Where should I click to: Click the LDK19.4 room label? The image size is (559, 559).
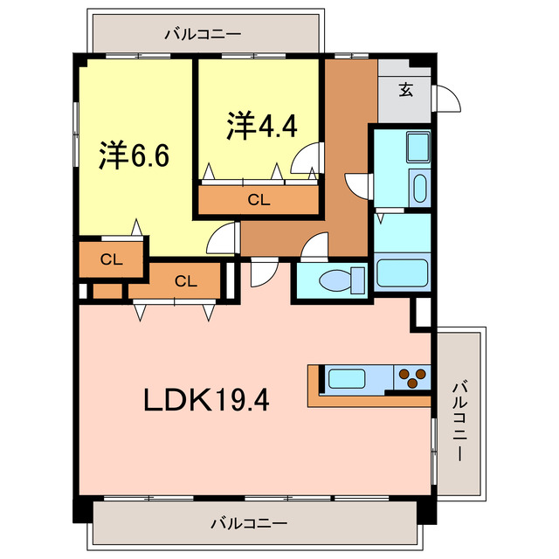(x=206, y=401)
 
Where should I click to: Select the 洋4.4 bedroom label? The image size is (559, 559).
(x=262, y=127)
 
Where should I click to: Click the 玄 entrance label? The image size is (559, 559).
(x=406, y=89)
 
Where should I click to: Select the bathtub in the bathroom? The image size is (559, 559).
(x=401, y=273)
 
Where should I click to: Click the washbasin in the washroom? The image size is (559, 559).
(x=419, y=189)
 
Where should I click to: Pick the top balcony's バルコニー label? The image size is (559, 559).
(x=202, y=35)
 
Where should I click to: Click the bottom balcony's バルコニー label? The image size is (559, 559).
(x=248, y=524)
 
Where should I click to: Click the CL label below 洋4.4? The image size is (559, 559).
(x=259, y=200)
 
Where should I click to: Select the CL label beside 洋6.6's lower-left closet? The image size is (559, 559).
(x=110, y=259)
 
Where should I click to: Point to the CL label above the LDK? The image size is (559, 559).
(x=185, y=280)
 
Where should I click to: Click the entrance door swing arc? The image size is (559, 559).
(x=447, y=100)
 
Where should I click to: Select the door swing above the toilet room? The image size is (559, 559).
(x=313, y=249)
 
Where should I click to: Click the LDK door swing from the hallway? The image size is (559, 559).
(x=261, y=273)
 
